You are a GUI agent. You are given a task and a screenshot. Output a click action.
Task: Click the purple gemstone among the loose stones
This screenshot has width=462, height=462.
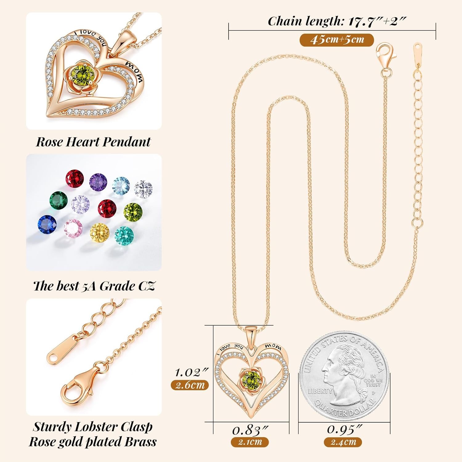tap(98, 182)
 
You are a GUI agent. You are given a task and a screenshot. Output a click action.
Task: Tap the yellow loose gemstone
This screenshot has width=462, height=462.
tap(100, 232)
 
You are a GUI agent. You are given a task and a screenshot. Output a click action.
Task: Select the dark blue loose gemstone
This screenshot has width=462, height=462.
tap(47, 224)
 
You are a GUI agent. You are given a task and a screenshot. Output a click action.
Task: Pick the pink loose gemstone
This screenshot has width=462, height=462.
tap(73, 228)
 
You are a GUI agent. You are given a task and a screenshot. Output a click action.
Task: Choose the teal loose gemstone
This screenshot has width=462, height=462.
tap(124, 236)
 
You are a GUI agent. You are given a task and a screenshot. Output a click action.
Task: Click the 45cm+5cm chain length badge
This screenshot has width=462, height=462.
tap(337, 40)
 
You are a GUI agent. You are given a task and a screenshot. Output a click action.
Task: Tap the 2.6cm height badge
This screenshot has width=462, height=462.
tap(190, 385)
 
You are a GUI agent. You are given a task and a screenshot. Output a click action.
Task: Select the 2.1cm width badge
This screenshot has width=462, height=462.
tap(250, 442)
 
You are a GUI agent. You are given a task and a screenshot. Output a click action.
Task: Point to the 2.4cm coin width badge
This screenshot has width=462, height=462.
tap(343, 442)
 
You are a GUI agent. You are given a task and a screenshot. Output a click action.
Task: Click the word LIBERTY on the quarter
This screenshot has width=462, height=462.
tap(320, 391)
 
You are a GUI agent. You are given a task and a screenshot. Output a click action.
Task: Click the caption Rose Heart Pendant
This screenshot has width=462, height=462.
tap(93, 142)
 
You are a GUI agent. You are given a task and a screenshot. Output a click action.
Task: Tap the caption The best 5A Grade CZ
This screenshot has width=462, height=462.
tap(94, 286)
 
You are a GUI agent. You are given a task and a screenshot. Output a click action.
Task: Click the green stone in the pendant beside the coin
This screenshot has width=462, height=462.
tap(251, 378)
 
